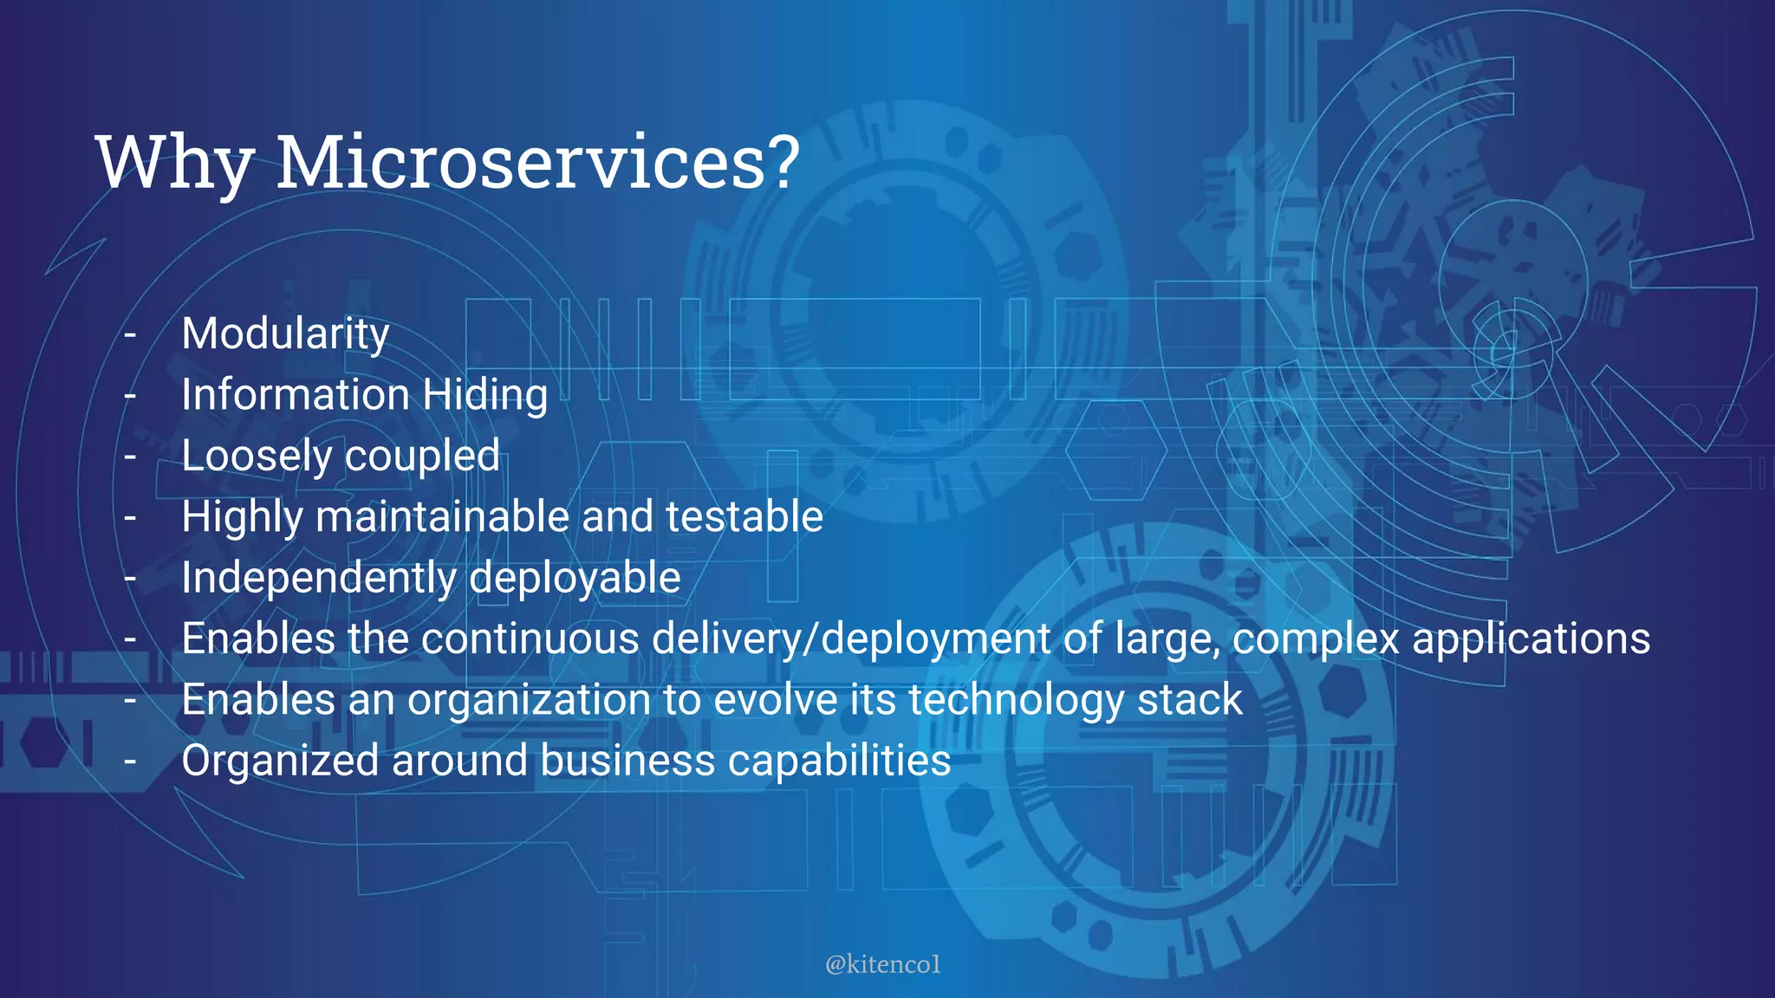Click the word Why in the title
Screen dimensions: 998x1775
174,163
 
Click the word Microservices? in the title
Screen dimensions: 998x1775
538,163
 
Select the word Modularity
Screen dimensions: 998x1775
285,334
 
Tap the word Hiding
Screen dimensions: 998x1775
485,396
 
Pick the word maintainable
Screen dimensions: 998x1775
442,517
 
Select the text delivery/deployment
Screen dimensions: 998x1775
851,639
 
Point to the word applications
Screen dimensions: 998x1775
1531,639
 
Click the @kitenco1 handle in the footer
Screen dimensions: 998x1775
882,964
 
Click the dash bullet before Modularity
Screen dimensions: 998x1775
130,334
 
